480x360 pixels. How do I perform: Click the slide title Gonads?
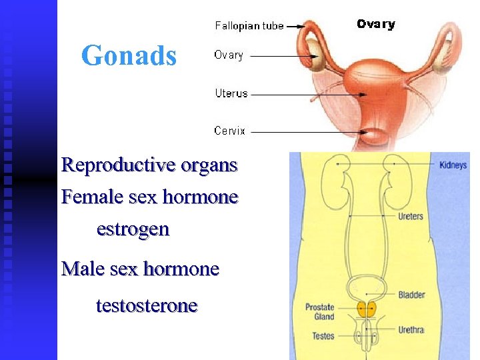129,56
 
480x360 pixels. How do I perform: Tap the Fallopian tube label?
249,26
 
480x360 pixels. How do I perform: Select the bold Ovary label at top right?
375,24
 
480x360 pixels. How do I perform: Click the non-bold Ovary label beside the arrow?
229,55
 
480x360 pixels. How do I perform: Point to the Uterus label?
231,93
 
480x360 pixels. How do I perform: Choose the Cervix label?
230,131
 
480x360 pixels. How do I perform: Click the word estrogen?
133,229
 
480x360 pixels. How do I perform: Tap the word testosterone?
147,305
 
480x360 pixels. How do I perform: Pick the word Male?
81,269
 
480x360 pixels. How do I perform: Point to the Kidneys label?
453,165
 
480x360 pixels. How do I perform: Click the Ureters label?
410,216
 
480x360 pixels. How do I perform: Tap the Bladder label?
411,295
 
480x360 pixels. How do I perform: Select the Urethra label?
411,329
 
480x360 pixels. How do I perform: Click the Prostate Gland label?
320,312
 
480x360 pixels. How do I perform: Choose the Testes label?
323,335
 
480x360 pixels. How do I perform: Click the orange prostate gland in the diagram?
365,308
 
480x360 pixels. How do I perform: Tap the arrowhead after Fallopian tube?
301,26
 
